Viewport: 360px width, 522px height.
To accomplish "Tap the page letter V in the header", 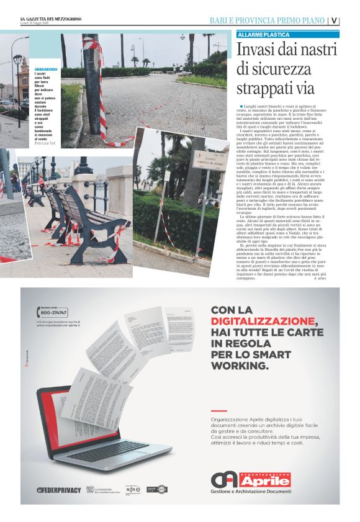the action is tap(334, 20).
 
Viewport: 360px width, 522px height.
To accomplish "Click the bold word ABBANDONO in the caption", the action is tap(46, 69).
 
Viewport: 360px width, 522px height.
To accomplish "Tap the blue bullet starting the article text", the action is tap(240, 107).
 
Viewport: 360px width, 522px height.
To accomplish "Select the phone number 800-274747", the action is tap(53, 312).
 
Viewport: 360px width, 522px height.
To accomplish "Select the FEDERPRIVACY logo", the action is tap(60, 490).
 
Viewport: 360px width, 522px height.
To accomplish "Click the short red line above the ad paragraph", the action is tap(218, 412).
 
